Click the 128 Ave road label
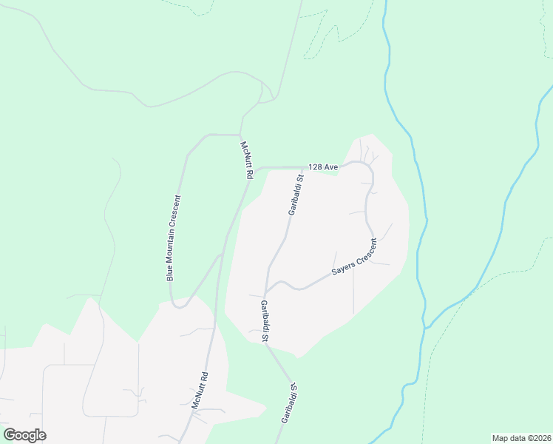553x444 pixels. [x=323, y=167]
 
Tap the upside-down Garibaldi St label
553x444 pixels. [x=288, y=403]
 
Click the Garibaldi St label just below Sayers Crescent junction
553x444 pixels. [x=265, y=320]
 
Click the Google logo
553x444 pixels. [x=24, y=435]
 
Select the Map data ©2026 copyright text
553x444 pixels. [x=521, y=438]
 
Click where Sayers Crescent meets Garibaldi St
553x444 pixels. [x=265, y=292]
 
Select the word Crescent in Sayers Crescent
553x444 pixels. [x=364, y=252]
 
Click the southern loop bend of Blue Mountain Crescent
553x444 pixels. [x=179, y=306]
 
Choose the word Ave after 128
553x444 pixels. [x=330, y=167]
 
